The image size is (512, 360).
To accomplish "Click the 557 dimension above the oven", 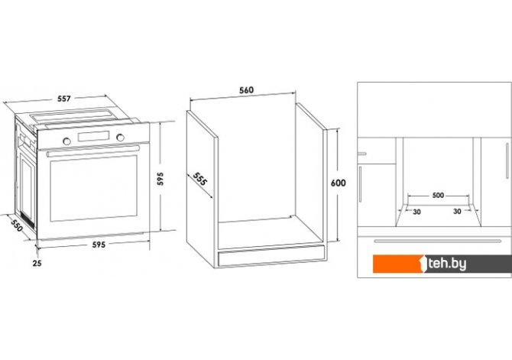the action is [64, 99].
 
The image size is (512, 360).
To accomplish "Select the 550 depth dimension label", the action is [17, 225].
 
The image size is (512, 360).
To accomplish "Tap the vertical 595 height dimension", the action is [160, 179].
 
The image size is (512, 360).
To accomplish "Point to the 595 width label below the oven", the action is [99, 245].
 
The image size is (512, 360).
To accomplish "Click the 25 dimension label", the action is [37, 263].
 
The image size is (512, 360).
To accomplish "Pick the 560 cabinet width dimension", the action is [246, 90].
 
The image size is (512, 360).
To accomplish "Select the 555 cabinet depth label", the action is [199, 179].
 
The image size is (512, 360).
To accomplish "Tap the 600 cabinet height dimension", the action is [338, 183].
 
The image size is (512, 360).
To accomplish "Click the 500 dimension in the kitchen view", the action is [438, 196].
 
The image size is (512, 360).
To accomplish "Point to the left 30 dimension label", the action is [416, 212].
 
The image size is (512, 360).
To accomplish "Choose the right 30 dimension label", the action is [457, 212].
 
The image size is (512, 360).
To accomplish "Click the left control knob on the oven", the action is [66, 141].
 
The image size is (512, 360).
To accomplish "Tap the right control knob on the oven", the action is [120, 138].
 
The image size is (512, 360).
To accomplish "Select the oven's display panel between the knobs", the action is [93, 136].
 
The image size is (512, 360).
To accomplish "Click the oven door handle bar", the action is [92, 151].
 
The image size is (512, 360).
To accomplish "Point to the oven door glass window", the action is [93, 188].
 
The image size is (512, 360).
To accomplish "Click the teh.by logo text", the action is [447, 264].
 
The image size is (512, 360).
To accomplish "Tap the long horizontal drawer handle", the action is [438, 242].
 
